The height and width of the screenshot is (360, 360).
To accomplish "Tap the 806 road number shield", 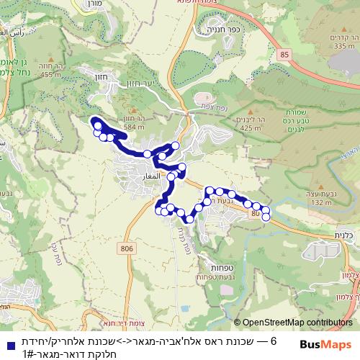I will tap(128, 248).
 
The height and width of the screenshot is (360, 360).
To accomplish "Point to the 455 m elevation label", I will tap(50, 73).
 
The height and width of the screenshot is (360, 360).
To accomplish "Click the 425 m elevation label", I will tap(251, 127).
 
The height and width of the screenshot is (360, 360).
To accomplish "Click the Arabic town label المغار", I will tap(137, 175).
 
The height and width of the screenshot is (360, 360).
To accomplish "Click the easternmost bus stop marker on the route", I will tap(266, 216).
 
